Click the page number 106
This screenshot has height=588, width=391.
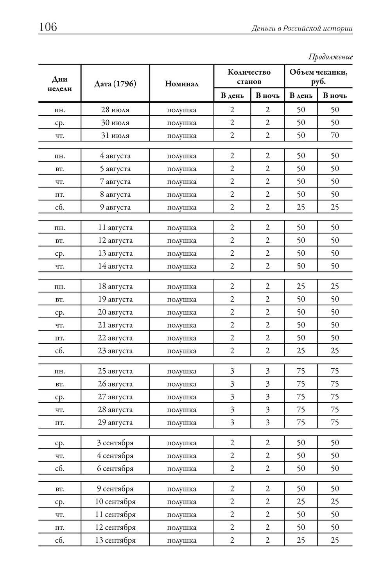tap(48, 27)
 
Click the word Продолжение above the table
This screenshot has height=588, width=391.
tap(330, 57)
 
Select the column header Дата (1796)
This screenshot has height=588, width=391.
tap(115, 84)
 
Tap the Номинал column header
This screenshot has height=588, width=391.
tap(181, 84)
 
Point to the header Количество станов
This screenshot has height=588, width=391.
tap(249, 77)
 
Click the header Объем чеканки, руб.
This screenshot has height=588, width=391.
tap(318, 77)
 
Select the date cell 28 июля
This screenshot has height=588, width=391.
tap(115, 110)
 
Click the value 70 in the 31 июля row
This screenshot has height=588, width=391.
tap(335, 136)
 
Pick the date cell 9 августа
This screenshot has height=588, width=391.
tap(115, 207)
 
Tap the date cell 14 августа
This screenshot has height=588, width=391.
tap(115, 266)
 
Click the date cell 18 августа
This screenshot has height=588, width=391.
tap(115, 287)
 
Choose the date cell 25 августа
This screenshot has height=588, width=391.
tap(115, 371)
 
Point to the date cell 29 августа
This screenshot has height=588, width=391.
tap(115, 423)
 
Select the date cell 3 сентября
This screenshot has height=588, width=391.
tap(115, 443)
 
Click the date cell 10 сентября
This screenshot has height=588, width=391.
tap(115, 502)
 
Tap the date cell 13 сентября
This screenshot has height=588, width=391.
tap(115, 540)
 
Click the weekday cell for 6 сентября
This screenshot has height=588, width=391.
tap(59, 469)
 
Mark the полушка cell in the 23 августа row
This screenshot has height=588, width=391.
tap(181, 351)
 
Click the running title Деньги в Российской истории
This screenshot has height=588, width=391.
tap(302, 29)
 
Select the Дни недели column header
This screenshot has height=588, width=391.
tap(59, 84)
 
